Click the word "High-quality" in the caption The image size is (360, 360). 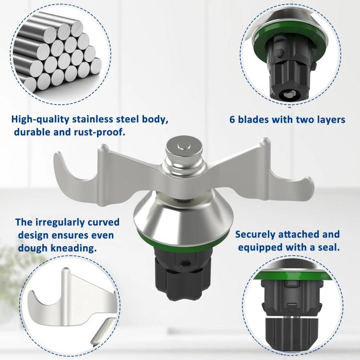(x=40, y=120)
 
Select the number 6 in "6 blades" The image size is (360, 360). (x=232, y=120)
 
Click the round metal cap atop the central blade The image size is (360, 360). (x=184, y=147)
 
